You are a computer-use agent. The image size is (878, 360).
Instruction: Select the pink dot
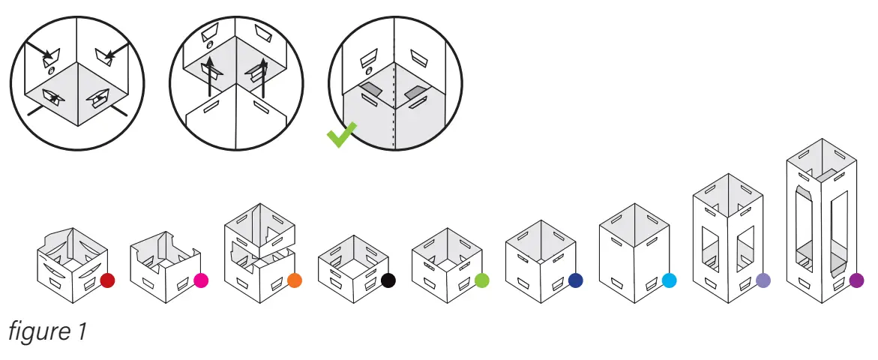point(201,280)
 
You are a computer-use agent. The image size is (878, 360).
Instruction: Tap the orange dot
point(294,280)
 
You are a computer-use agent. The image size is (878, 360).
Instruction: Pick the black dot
point(388,280)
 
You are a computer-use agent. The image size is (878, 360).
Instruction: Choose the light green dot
point(482,280)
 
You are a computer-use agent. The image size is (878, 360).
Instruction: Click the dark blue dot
point(576,280)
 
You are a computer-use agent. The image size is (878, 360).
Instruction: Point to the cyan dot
point(670,280)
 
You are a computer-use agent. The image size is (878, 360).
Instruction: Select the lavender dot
point(763,280)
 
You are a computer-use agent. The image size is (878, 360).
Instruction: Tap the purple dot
point(857,280)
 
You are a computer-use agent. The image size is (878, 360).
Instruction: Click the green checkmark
point(341,136)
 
